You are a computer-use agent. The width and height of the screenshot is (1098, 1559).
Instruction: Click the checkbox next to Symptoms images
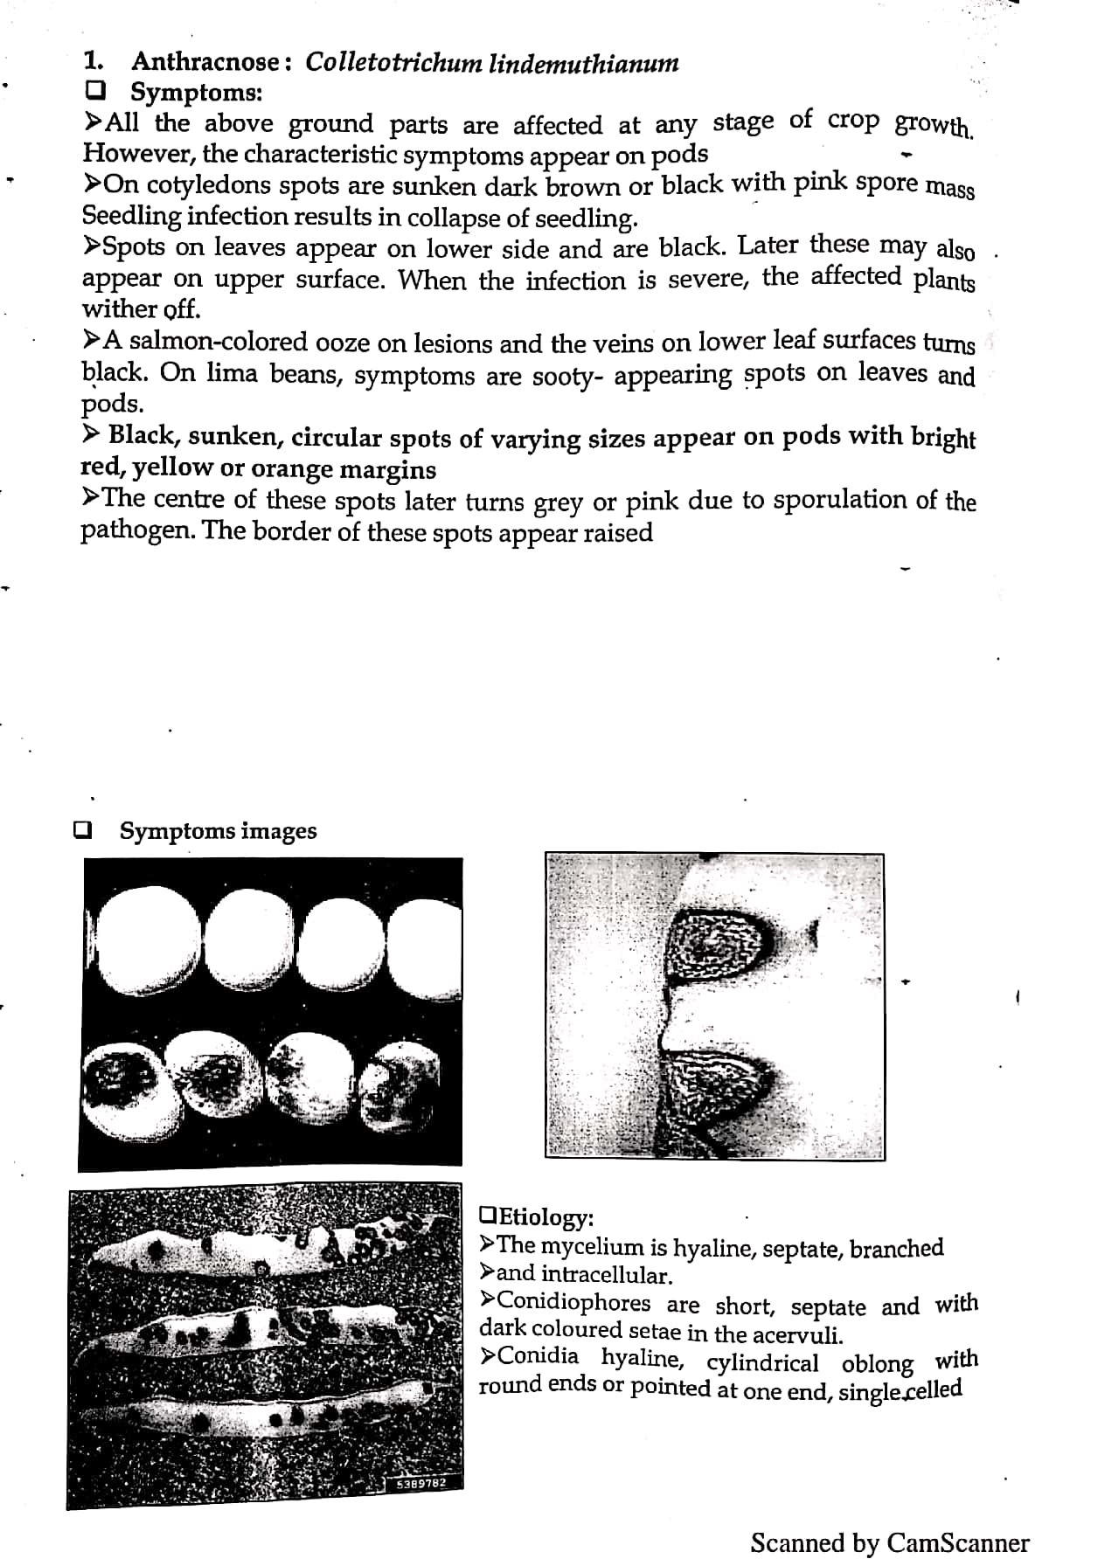pyautogui.click(x=83, y=829)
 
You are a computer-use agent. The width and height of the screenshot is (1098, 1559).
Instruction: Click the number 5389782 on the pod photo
pyautogui.click(x=421, y=1483)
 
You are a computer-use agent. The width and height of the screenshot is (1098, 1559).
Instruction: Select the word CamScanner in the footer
pyautogui.click(x=957, y=1542)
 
